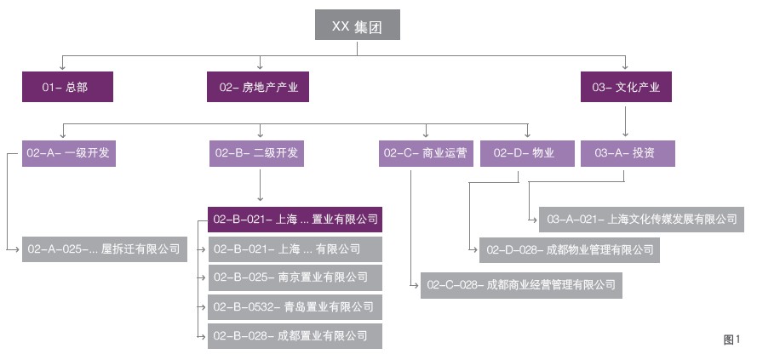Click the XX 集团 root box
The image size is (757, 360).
tap(357, 25)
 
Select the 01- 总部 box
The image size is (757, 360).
tap(67, 87)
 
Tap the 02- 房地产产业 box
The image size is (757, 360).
tap(258, 87)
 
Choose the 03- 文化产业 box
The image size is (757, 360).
tap(626, 87)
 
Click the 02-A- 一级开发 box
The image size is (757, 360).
tap(67, 153)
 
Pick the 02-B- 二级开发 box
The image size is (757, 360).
tap(258, 153)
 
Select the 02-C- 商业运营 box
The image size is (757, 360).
tap(425, 153)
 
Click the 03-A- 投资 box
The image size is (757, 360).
tap(628, 153)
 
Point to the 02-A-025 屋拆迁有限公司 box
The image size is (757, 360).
tap(104, 249)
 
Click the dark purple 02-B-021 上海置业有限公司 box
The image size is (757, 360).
tap(295, 220)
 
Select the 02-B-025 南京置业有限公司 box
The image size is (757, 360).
tap(295, 277)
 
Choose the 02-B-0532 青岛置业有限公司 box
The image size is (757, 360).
tap(295, 306)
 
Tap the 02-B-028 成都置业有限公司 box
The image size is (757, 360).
tap(295, 335)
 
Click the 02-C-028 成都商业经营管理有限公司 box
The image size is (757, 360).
tap(521, 285)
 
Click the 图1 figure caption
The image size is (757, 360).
tap(731, 340)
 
